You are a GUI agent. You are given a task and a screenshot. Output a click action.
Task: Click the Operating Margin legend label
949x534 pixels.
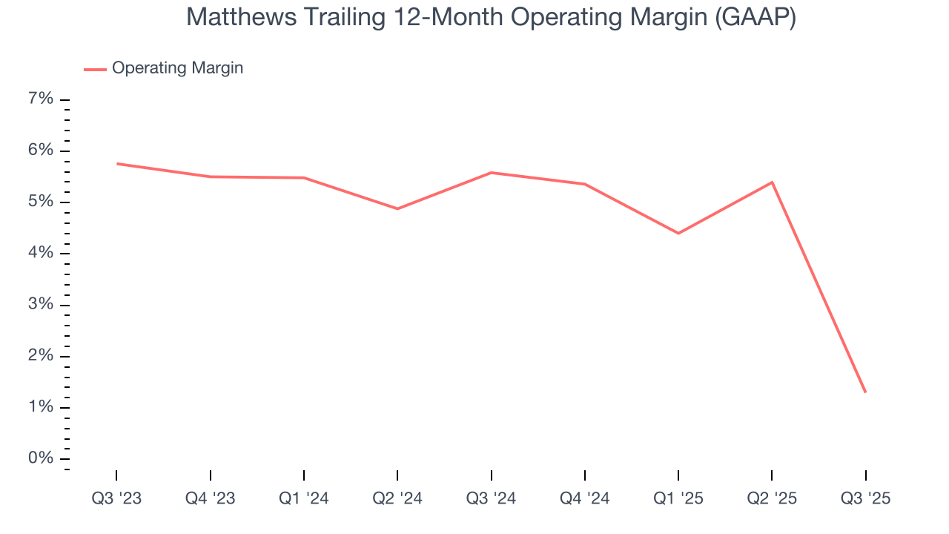177,68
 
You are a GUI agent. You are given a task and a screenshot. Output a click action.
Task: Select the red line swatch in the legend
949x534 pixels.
95,69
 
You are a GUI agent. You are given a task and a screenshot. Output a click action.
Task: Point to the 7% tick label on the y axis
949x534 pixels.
41,99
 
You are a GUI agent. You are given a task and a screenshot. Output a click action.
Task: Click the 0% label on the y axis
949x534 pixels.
41,458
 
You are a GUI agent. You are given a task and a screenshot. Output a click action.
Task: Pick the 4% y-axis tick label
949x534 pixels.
41,253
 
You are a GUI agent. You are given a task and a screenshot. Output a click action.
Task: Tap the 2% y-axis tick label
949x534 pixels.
41,356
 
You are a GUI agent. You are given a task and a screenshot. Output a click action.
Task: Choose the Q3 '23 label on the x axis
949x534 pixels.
116,498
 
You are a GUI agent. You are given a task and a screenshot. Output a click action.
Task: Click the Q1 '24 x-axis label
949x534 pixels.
304,498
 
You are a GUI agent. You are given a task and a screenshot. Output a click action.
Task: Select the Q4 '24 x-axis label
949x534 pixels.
585,498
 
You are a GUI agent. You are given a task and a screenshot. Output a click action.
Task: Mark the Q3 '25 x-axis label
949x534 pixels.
865,498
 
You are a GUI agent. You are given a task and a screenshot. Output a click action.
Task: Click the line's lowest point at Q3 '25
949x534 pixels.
865,392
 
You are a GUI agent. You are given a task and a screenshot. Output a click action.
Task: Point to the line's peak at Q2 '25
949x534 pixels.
772,182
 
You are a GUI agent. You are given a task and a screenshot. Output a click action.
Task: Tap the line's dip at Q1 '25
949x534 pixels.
678,234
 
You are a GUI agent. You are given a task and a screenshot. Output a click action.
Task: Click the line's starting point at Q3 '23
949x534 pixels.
117,163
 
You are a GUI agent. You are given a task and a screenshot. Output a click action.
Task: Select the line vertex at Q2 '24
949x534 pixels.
397,208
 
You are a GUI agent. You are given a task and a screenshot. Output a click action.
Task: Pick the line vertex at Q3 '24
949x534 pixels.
492,173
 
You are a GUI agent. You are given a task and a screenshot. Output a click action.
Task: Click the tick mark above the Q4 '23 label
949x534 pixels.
211,475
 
